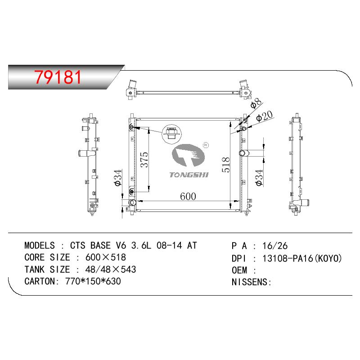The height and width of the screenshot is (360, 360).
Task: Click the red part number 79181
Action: (58, 77)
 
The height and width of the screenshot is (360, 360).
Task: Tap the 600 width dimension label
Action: (188, 196)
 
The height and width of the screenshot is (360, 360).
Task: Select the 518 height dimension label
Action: (226, 165)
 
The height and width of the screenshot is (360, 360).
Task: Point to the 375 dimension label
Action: (144, 159)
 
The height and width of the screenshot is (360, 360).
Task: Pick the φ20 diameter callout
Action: (264, 116)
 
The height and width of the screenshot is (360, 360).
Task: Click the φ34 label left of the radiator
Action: (117, 178)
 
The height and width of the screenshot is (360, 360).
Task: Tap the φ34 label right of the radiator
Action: (259, 178)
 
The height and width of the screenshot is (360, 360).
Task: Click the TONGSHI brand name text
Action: (189, 175)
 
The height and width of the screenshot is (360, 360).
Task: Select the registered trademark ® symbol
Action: (206, 145)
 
